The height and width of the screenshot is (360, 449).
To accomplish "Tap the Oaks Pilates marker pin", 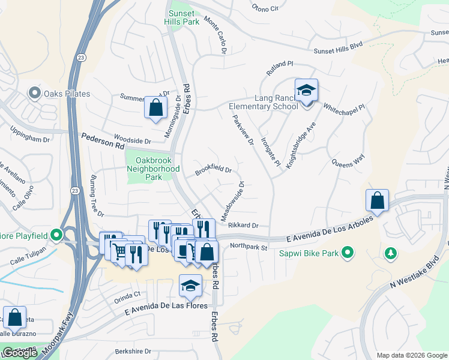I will pos(35,94).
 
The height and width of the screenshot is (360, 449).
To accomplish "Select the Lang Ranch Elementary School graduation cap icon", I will pos(307,91).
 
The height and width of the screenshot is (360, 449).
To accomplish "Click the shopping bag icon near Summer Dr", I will pos(155,108).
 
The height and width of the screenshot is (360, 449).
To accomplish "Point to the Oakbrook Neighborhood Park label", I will pos(154,165).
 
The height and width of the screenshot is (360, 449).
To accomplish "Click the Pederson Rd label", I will pos(103,145).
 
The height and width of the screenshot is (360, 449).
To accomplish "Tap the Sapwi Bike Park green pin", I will pos(347,253).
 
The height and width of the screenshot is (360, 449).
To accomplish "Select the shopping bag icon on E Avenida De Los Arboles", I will pos(378,200).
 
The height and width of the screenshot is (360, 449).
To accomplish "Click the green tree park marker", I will pos(391,254).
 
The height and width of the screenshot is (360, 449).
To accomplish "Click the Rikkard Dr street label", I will pos(243,226).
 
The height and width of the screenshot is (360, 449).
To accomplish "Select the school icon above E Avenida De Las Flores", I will pos(190,285).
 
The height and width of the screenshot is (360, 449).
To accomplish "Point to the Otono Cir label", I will pos(266,8).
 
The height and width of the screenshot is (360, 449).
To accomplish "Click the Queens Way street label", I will pos(349,160).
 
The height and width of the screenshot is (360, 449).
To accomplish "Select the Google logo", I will pos(20,353).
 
